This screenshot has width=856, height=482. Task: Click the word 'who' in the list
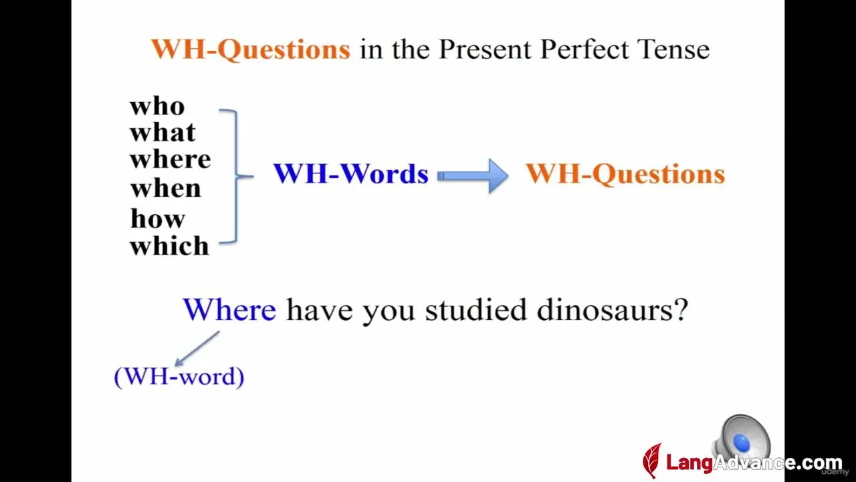pos(157,106)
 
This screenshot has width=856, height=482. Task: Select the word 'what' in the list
pos(163,133)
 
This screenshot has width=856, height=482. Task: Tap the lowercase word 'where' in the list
pos(170,159)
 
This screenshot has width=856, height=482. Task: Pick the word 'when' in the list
pos(165,189)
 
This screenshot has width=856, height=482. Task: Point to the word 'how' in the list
pos(157,218)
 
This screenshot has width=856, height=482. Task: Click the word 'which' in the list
pos(169,245)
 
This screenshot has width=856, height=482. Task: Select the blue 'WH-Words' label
pos(351,173)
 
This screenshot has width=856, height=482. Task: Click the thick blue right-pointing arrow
pos(473,175)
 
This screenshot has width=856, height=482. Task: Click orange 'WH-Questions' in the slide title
pos(251,50)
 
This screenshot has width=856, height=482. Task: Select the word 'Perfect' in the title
pos(584,50)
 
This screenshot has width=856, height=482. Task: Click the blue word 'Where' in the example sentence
pos(229,309)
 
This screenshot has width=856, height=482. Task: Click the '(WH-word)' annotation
pos(179,377)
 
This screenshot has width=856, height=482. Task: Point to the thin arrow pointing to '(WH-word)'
pos(197,349)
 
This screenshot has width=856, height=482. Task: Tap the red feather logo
pos(652,460)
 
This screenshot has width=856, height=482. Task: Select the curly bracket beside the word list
pos(236,176)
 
